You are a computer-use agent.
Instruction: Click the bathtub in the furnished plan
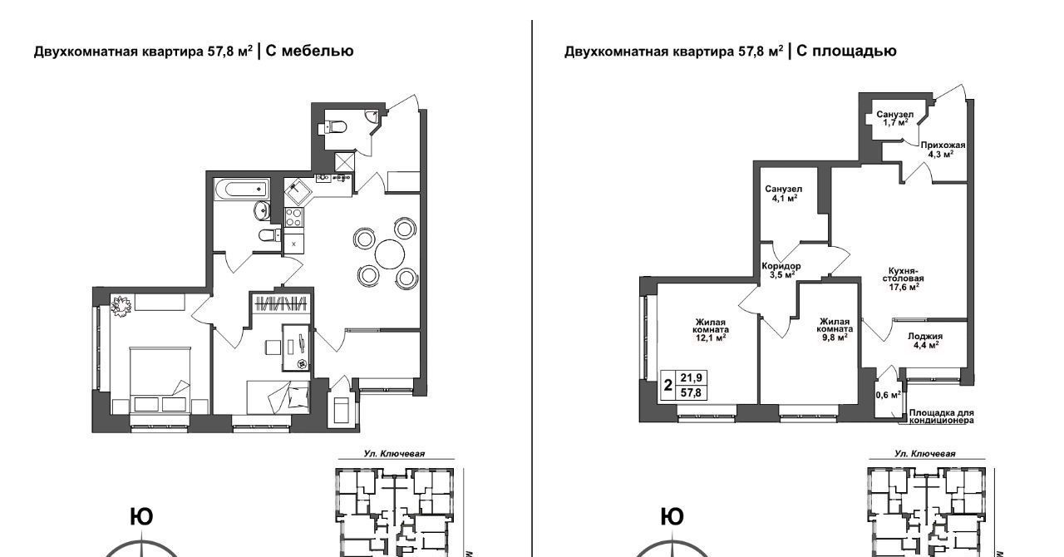pos(241,190)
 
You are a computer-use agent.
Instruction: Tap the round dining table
pos(390,254)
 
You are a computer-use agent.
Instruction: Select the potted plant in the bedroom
pos(121,306)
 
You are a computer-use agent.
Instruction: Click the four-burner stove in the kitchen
pos(293,218)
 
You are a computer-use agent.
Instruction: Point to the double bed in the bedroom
pos(160,380)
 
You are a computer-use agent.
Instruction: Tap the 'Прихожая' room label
pos(943,145)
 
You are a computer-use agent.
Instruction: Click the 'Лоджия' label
pos(925,337)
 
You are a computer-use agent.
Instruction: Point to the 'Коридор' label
pos(781,266)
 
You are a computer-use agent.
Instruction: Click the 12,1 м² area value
pos(711,338)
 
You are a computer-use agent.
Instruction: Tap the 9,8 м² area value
pos(834,337)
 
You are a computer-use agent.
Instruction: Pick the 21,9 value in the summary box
pos(691,378)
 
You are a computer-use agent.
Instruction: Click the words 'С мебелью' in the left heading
pos(309,51)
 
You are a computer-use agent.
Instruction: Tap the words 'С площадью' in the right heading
pos(846,51)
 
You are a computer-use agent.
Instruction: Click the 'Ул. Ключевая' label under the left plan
pos(394,454)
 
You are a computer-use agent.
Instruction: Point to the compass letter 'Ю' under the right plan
pos(672,517)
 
